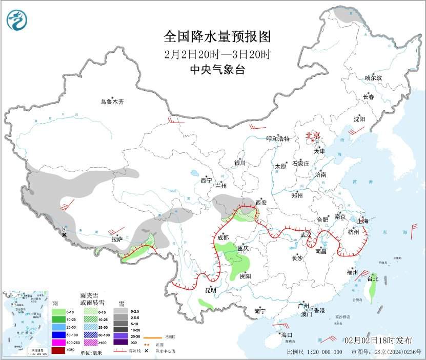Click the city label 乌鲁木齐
pos(112,102)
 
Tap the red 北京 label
pos(313,135)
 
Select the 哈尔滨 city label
pos(373,78)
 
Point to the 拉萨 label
pos(117,239)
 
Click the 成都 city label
pos(222,237)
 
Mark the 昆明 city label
pos(211,290)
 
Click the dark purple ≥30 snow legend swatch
pos(120,342)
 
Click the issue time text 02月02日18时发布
pos(378,341)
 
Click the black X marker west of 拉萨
pos(64,235)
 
